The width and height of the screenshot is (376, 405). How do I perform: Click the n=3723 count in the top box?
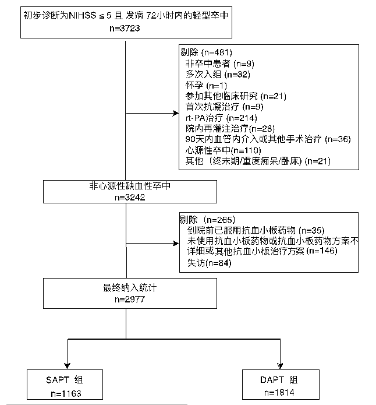click(125, 28)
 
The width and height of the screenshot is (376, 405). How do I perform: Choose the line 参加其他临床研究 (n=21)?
click(236, 96)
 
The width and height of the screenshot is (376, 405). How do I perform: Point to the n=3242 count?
click(125, 198)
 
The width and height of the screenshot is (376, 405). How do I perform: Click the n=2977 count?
click(125, 299)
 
